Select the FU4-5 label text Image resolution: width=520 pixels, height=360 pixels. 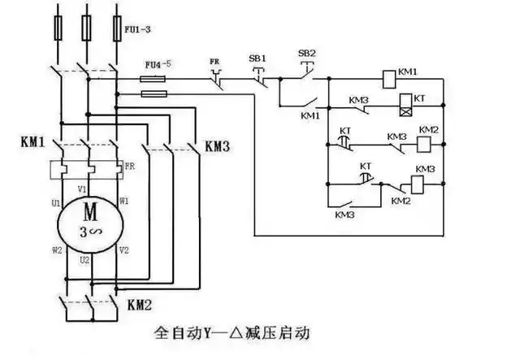158,63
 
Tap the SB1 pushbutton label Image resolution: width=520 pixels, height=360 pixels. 257,59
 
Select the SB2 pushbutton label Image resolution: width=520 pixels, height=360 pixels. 306,53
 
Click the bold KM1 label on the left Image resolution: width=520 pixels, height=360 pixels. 32,141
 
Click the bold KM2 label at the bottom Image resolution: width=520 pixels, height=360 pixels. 141,305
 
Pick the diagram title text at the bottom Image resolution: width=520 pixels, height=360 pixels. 232,333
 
